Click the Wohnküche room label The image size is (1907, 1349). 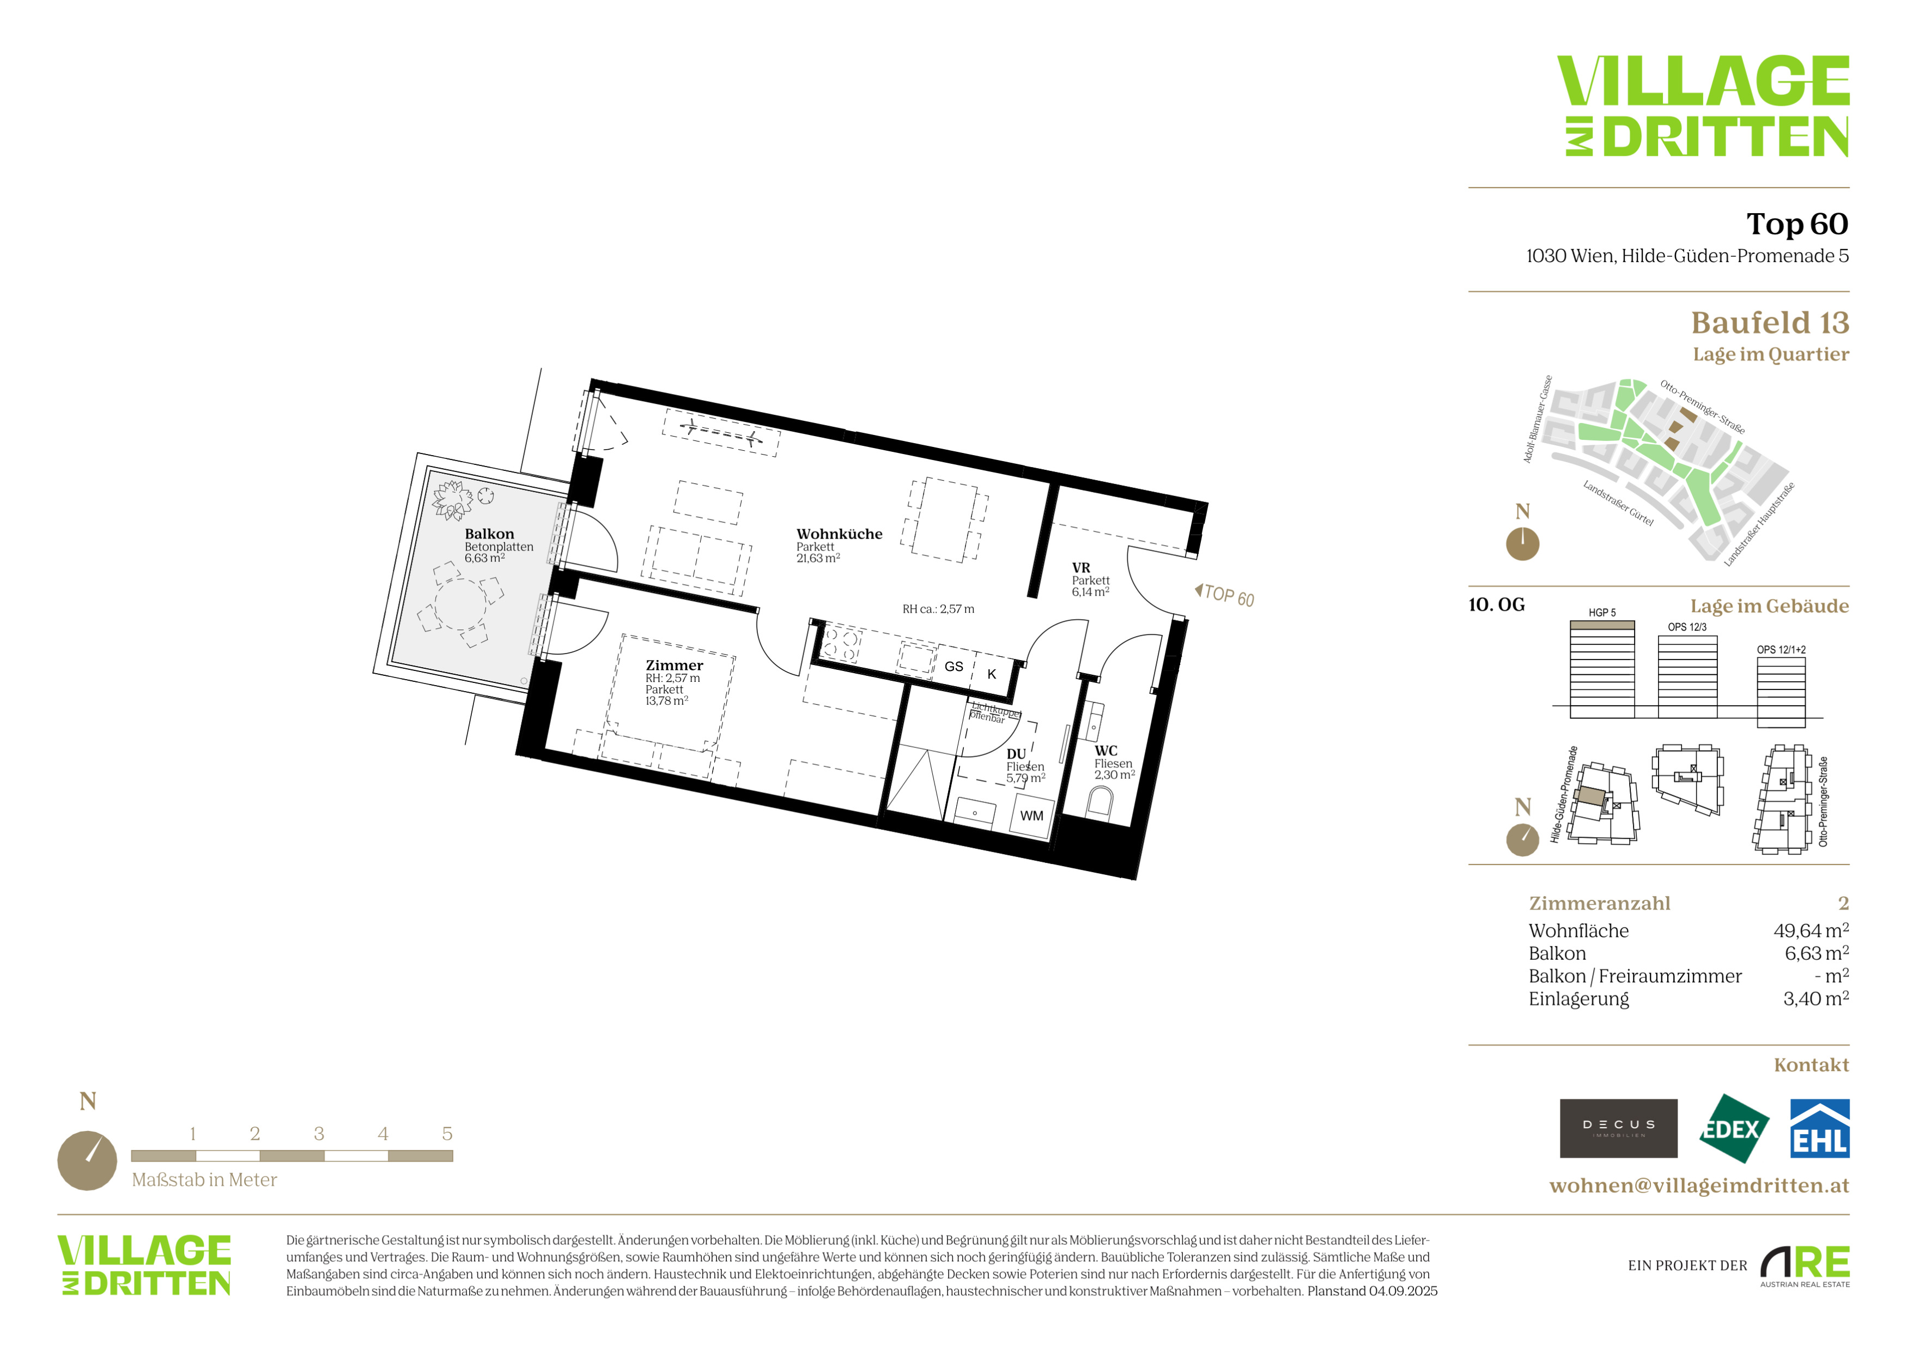pos(839,534)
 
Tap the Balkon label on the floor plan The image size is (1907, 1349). pos(489,534)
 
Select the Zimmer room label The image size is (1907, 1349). pos(675,666)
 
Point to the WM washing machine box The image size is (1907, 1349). pos(1031,816)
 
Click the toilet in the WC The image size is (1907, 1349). pos(1100,802)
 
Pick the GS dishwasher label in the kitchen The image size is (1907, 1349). pos(953,666)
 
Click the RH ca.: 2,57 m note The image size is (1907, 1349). pos(939,609)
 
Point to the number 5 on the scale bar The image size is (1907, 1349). pos(447,1134)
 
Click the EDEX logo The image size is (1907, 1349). pos(1733,1129)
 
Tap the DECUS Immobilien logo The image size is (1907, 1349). pos(1618,1128)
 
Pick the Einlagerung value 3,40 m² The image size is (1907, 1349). pos(1815,999)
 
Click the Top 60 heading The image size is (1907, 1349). pos(1797,223)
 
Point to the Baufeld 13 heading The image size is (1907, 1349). pos(1770,322)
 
